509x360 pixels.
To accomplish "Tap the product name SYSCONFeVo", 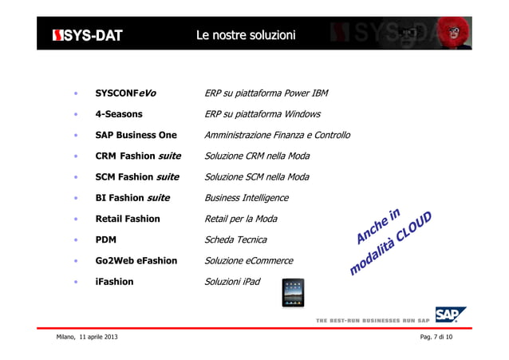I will tap(125, 93).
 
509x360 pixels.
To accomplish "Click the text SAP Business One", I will tap(136, 135).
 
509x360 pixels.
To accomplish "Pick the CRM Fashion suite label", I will tap(138, 156).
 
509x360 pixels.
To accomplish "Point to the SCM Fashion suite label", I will tap(137, 176).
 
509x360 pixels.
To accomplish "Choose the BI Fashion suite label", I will tap(132, 197).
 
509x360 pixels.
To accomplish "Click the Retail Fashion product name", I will tap(128, 218).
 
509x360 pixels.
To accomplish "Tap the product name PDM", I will tap(106, 239).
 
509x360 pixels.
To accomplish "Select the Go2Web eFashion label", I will tap(136, 260).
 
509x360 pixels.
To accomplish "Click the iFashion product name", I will tap(114, 281).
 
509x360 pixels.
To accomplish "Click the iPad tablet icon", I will tap(293, 293).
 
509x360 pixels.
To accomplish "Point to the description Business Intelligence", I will tap(247, 197).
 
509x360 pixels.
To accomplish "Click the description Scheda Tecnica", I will tap(236, 239).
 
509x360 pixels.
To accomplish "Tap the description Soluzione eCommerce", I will tap(249, 260).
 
